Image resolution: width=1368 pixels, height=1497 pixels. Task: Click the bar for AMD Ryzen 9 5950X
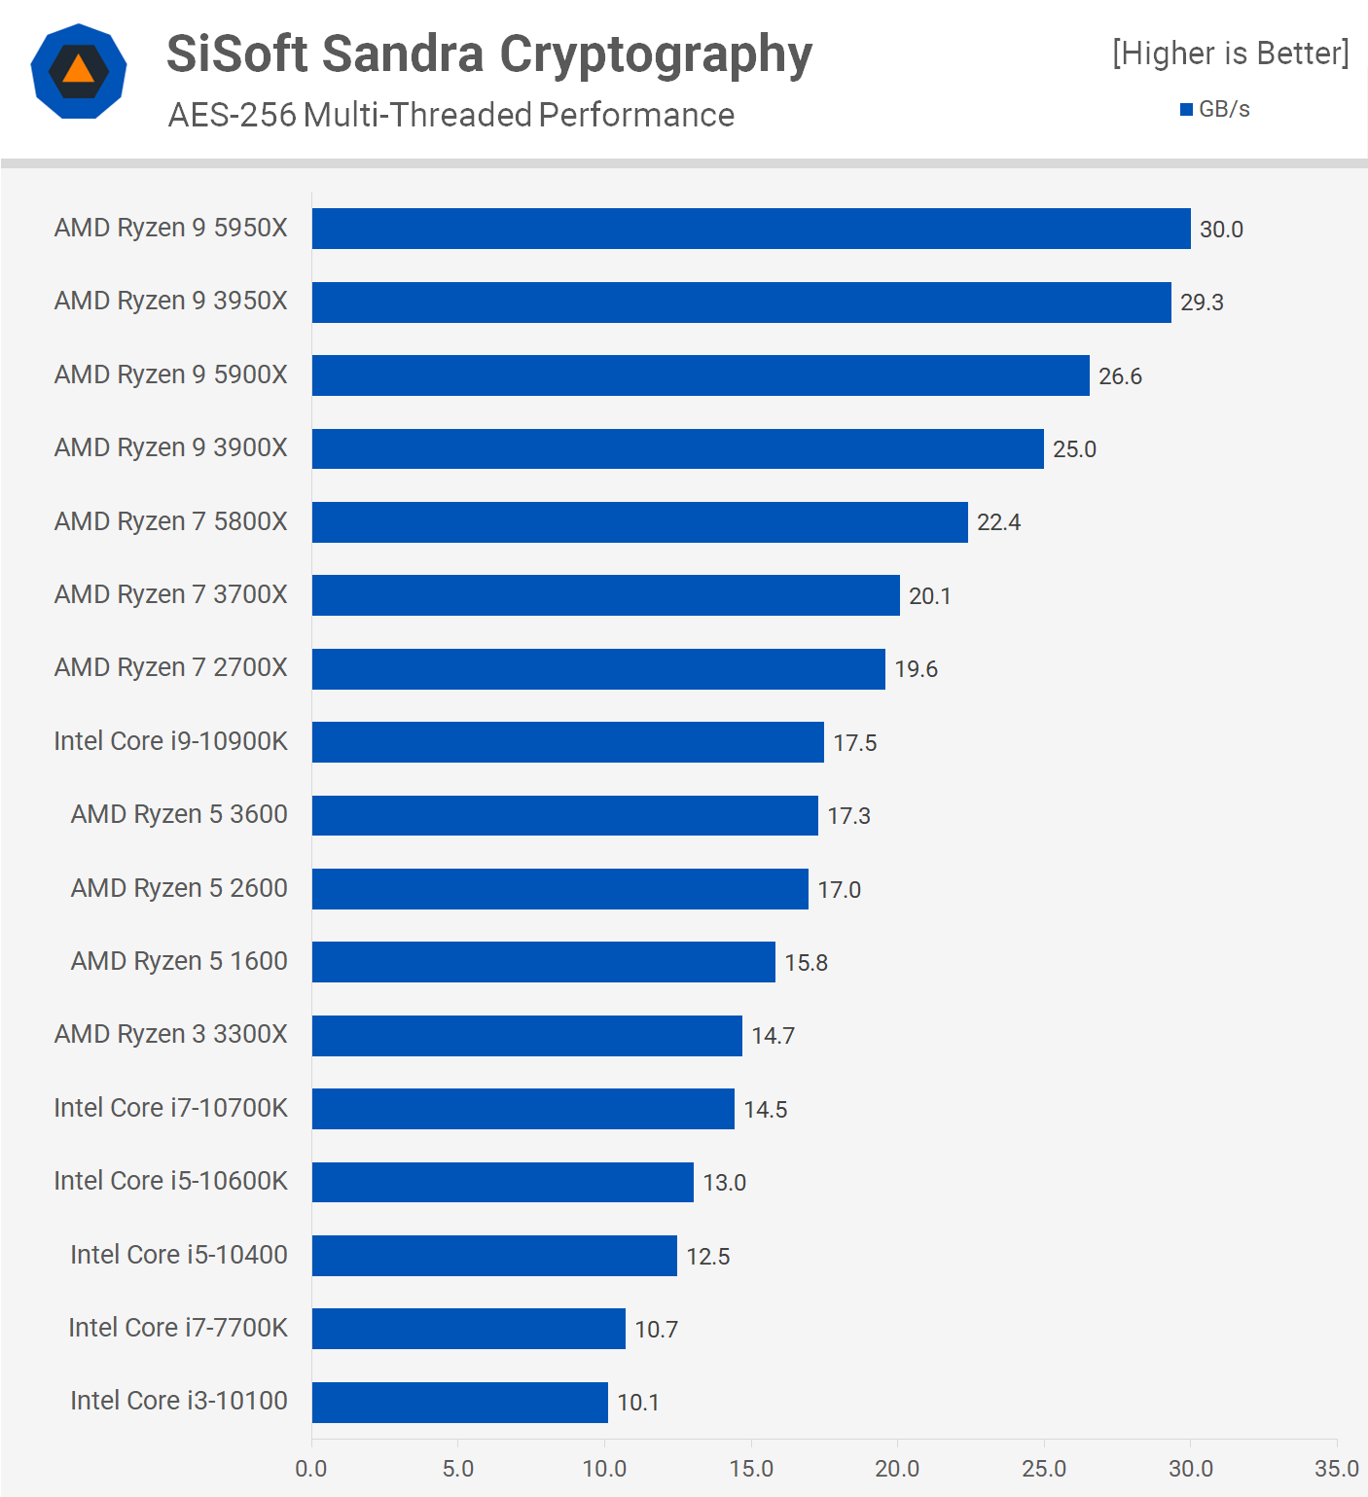coord(751,229)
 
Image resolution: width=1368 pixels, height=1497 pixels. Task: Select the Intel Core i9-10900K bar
coord(567,742)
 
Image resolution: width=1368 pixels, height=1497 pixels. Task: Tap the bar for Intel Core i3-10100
coord(459,1402)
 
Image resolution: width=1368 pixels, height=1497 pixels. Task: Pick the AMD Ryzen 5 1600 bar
coord(543,962)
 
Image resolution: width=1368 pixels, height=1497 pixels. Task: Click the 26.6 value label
coord(1120,376)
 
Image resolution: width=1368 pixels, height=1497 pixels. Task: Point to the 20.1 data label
coord(929,596)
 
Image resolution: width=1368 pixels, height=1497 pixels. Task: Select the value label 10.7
coord(656,1330)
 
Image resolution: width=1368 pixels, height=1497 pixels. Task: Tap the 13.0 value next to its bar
coord(724,1183)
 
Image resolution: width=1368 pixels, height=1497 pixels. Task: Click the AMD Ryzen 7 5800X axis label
coord(171,521)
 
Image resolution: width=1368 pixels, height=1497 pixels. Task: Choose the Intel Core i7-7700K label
coord(178,1328)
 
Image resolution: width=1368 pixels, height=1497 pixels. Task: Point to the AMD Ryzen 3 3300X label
coord(171,1034)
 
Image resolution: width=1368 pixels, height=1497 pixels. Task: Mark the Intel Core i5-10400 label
coord(179,1255)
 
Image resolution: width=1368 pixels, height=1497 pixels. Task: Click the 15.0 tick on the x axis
coord(751,1469)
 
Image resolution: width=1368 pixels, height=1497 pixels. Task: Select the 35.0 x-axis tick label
coord(1336,1469)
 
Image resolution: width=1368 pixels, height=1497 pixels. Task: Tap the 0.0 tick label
coord(311,1469)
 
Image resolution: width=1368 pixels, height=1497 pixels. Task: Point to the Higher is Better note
coord(1231,53)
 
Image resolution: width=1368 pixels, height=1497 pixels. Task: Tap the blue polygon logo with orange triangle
coord(79,71)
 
